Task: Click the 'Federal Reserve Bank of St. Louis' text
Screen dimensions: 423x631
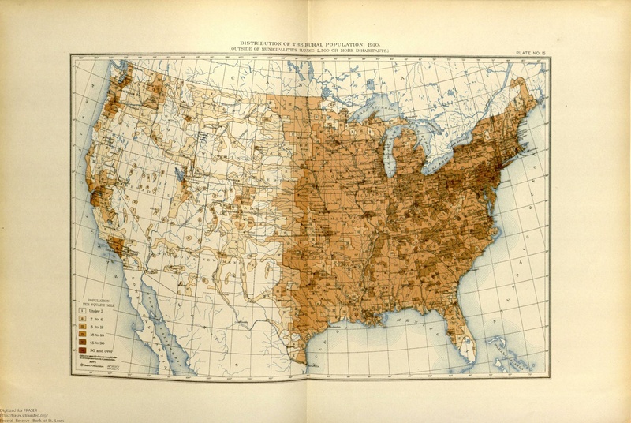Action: [x=32, y=417]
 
